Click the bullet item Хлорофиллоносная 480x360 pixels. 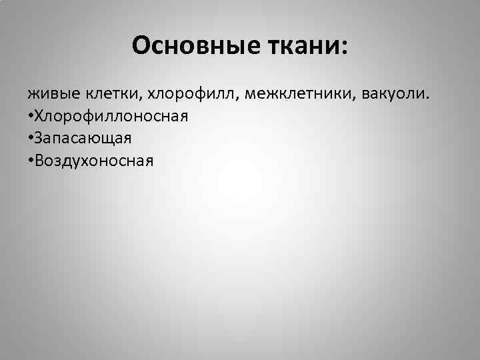(x=112, y=116)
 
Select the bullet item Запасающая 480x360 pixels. (x=83, y=138)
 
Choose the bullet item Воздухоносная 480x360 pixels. (x=95, y=160)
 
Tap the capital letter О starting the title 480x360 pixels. (x=141, y=45)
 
